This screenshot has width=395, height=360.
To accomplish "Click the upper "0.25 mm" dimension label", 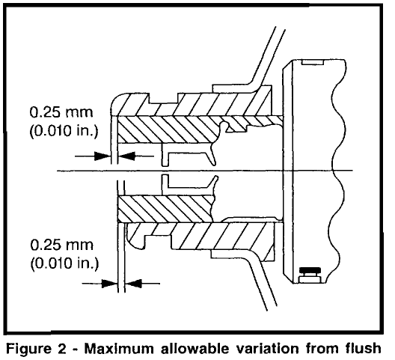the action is [61, 112].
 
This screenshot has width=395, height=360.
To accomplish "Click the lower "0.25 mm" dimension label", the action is [61, 245].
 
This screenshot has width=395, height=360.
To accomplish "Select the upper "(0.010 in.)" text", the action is [64, 131].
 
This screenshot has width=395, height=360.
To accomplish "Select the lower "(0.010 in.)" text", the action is [65, 263].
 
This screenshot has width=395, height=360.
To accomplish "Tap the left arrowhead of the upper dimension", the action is [102, 156].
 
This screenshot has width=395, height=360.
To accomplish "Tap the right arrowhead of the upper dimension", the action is [126, 156].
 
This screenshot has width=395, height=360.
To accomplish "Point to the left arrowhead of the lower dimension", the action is [109, 284].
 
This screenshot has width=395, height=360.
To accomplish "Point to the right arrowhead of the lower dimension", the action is [133, 284].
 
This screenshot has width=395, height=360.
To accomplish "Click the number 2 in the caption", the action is [61, 349].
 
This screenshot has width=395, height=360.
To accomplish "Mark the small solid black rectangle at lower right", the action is [310, 271].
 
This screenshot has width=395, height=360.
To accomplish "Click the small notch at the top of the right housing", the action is [313, 62].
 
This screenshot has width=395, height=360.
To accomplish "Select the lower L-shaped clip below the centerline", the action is [189, 185].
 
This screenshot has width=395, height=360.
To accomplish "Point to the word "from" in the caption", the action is [322, 349].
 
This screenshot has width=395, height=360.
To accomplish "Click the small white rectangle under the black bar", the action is [310, 279].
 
